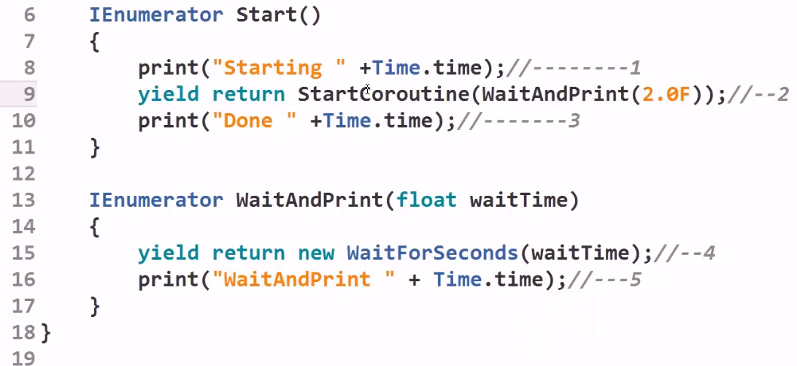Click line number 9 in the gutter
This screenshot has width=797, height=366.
tap(28, 94)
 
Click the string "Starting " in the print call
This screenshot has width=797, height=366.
tap(278, 68)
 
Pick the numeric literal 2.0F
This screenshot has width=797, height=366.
tap(665, 94)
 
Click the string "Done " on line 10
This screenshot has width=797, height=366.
tap(254, 121)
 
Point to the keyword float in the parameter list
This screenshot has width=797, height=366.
tap(426, 200)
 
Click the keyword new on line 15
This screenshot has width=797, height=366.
tap(315, 253)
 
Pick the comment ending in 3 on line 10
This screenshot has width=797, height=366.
tap(517, 121)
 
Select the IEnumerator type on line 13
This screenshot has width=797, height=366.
tap(156, 200)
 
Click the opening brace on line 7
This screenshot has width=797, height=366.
tap(94, 42)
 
